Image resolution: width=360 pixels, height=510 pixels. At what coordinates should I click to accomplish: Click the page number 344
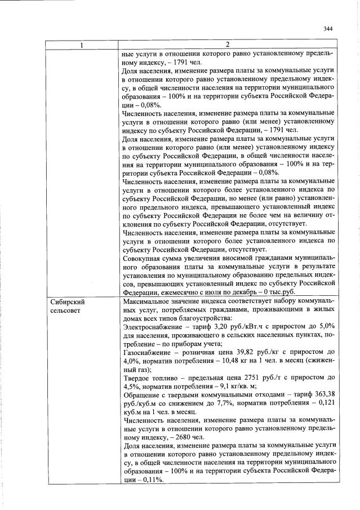pyautogui.click(x=328, y=29)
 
